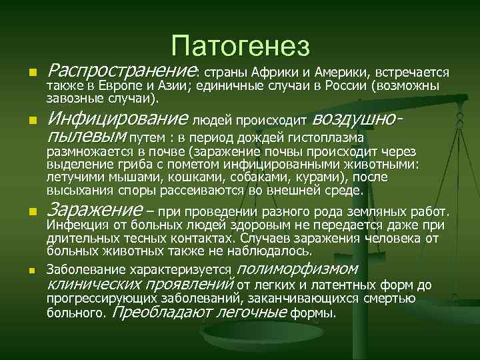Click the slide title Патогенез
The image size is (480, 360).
pos(240,46)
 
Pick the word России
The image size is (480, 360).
pos(348,86)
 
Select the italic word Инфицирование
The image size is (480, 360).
pos(118,120)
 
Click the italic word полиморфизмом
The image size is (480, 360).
pos(297,270)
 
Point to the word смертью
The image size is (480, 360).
pos(391,299)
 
